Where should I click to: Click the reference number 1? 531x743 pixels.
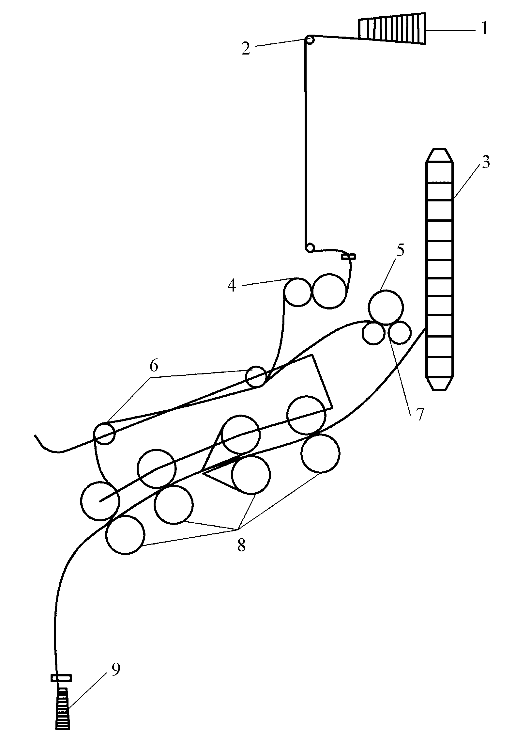pyautogui.click(x=485, y=29)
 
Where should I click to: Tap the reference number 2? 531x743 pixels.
pyautogui.click(x=246, y=48)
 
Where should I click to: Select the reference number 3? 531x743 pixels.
pyautogui.click(x=486, y=162)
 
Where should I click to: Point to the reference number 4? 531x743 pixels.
pyautogui.click(x=232, y=286)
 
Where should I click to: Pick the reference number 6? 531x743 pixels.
pyautogui.click(x=154, y=365)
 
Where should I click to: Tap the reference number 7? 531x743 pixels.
pyautogui.click(x=420, y=415)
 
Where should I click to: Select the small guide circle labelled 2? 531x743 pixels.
pyautogui.click(x=310, y=40)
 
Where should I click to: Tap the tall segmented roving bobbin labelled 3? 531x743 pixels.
pyautogui.click(x=439, y=269)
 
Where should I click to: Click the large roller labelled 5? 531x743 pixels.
pyautogui.click(x=386, y=307)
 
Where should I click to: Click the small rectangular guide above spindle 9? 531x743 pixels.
pyautogui.click(x=61, y=678)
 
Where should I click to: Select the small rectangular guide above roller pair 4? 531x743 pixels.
pyautogui.click(x=348, y=257)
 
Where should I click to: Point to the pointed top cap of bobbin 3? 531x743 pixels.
pyautogui.click(x=439, y=156)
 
